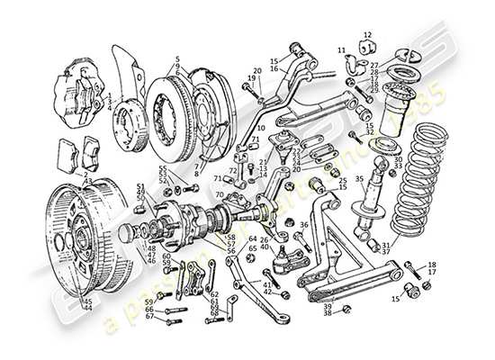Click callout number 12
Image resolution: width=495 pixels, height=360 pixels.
click(x=368, y=36)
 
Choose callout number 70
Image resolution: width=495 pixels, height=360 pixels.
click(x=219, y=194)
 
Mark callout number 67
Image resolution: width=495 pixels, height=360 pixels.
click(x=150, y=317)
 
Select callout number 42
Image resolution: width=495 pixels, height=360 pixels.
click(x=267, y=292)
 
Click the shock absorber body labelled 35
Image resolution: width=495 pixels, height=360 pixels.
click(x=366, y=208)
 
